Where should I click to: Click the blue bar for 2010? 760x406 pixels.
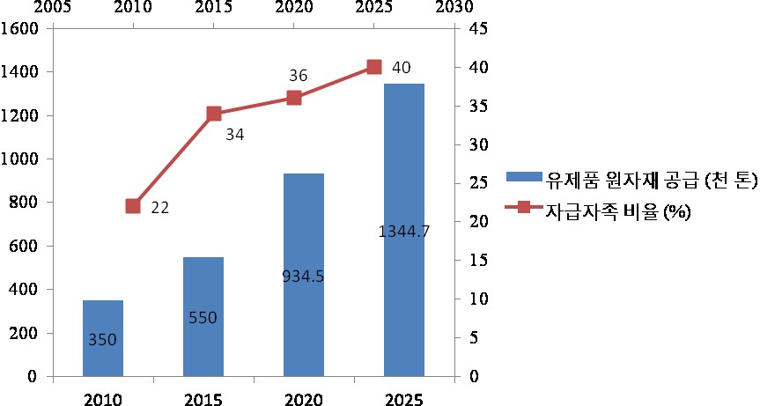click(x=103, y=338)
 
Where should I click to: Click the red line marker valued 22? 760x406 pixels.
click(x=133, y=206)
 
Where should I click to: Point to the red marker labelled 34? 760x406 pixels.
click(x=213, y=114)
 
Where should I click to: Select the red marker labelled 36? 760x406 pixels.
click(x=294, y=98)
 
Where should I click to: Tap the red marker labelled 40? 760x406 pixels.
click(x=373, y=67)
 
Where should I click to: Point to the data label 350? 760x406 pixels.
click(x=103, y=338)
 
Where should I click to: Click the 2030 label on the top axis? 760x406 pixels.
click(x=450, y=7)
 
